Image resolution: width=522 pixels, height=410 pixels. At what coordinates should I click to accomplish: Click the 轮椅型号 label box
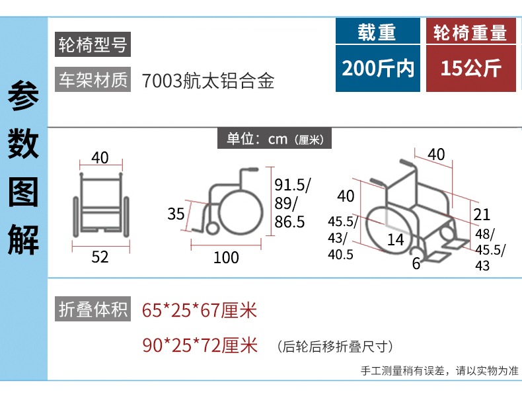point(93,44)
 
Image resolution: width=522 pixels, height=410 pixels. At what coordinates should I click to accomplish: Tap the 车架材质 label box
point(93,79)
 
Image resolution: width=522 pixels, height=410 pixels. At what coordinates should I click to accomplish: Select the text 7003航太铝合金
point(208,81)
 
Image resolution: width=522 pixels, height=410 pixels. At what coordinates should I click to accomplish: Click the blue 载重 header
point(377,31)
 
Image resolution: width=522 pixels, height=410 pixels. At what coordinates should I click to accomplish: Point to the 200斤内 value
point(377,68)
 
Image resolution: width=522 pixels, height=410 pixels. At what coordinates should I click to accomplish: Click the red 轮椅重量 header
point(470,31)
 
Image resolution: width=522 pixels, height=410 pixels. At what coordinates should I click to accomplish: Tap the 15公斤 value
point(470,68)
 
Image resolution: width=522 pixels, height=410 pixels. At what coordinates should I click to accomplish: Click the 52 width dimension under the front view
point(100,257)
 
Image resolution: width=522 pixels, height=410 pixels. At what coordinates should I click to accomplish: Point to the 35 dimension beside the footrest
point(176,214)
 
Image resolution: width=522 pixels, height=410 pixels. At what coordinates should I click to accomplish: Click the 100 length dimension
point(226,257)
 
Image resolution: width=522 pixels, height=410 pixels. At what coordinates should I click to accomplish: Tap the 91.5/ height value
point(293,185)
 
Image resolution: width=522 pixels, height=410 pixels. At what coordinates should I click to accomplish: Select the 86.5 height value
point(289,222)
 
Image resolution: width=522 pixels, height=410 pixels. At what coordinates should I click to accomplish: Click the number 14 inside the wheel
point(396,240)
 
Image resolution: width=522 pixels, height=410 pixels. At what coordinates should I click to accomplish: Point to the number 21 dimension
point(482,215)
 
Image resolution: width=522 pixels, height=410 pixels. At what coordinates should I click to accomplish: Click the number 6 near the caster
point(416,264)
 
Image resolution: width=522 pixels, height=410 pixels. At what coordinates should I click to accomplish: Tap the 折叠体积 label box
point(93,309)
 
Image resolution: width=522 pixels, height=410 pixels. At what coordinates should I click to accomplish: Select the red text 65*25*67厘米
point(200,310)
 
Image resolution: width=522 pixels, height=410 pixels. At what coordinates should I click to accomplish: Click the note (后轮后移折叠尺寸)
point(335,347)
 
